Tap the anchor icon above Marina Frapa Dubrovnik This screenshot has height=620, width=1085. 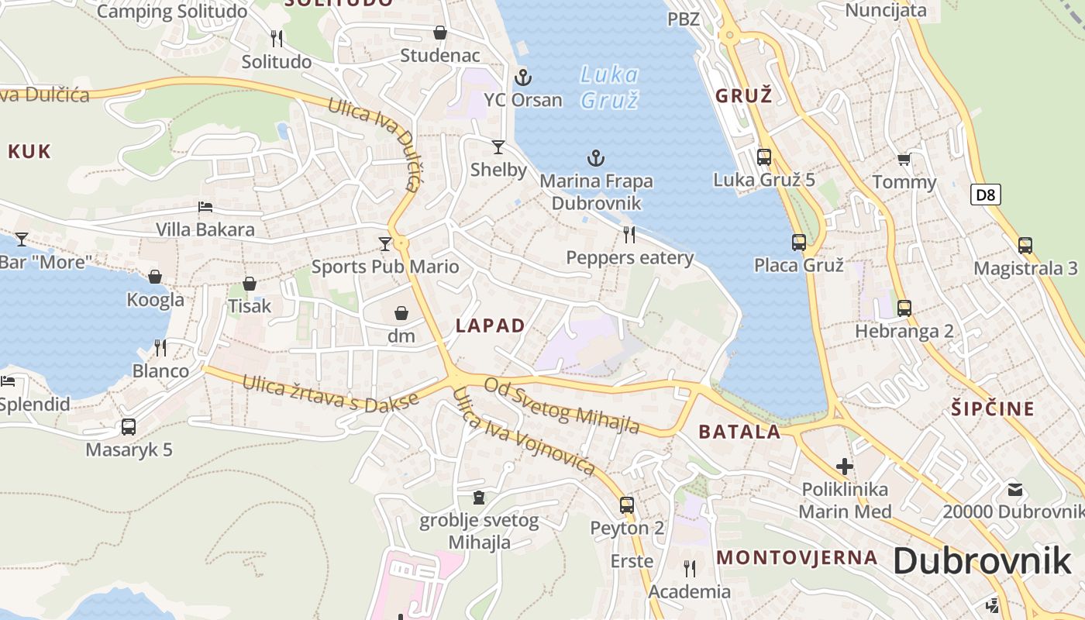coord(595,159)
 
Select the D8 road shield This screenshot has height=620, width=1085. coord(985,195)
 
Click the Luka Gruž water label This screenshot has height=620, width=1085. coord(610,88)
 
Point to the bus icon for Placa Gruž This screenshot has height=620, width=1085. coord(799,243)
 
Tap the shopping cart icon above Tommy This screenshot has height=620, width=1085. coord(904,160)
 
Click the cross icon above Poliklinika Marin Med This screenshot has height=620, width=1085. coord(845,467)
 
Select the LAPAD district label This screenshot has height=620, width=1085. coord(491,325)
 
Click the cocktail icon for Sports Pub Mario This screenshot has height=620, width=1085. coord(385,244)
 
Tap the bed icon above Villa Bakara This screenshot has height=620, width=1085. coord(205,207)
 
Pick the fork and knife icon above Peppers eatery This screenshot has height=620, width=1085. coord(629,234)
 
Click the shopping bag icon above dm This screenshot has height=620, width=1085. coord(401,313)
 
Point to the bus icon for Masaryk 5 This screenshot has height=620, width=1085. coord(129,427)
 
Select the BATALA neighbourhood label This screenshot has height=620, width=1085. coord(739,432)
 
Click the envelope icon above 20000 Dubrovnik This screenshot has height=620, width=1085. coord(1015,490)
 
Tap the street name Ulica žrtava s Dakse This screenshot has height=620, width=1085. coord(330,393)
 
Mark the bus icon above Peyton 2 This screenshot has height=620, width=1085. coord(627,505)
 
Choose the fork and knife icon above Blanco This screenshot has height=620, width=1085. coord(160,347)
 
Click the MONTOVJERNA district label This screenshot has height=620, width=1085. coord(797,557)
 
